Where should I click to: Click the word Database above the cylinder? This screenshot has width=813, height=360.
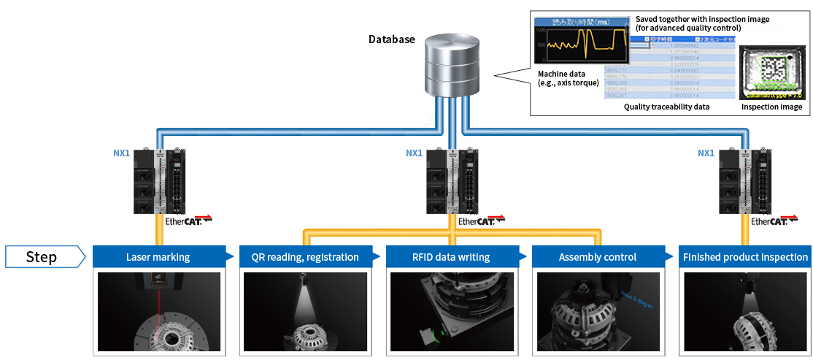coord(392,39)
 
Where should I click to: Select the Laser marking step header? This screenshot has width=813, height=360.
coord(158,257)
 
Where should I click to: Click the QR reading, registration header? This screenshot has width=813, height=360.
coord(305,257)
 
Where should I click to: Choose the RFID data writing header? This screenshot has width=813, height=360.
coord(451,257)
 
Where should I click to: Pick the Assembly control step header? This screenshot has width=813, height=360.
coord(597,257)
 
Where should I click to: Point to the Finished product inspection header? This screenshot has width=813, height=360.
coord(744,257)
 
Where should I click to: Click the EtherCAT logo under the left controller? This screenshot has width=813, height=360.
coord(182,221)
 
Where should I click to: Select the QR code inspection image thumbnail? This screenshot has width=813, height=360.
coord(771,72)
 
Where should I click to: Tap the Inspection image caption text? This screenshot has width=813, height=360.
coord(771,107)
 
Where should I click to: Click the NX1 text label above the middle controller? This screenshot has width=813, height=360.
coord(414,153)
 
